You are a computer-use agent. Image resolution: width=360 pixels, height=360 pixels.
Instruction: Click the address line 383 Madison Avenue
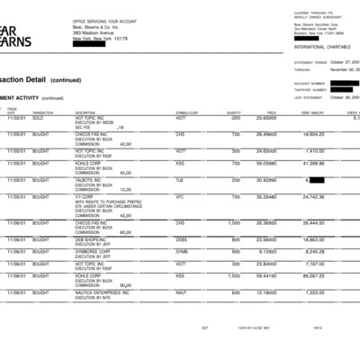tap(94, 33)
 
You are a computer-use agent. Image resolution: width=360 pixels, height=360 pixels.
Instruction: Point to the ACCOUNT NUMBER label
tap(309, 84)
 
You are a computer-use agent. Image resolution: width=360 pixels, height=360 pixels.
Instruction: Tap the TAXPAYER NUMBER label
tap(310, 90)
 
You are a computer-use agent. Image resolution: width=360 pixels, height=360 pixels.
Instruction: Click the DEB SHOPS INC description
tap(91, 239)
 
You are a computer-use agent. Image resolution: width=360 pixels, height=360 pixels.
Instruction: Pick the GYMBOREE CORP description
tap(94, 251)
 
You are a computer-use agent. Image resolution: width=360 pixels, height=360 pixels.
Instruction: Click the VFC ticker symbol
tap(180, 196)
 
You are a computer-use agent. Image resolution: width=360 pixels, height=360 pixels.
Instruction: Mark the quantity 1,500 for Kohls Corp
tap(233, 276)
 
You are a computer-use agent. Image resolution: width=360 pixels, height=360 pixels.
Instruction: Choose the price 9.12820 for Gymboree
tap(266, 251)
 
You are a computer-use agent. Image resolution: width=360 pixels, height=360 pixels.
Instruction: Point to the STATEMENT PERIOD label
tap(310, 62)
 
